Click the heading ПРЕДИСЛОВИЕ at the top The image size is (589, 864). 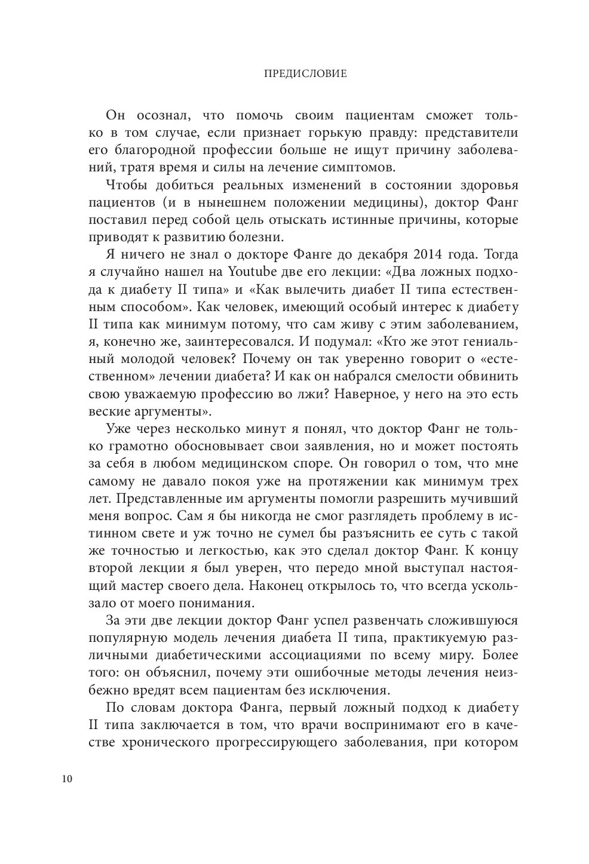tap(296, 75)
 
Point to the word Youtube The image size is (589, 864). tap(254, 272)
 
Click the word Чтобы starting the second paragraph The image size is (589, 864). tap(127, 185)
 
